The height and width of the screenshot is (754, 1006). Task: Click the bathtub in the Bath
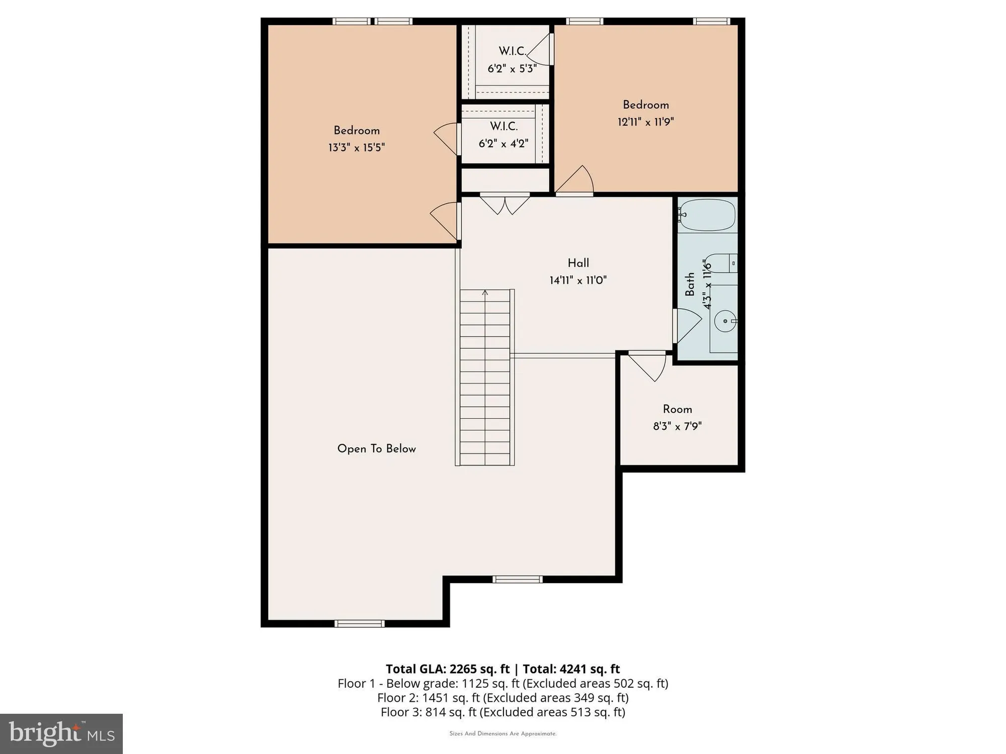click(x=707, y=215)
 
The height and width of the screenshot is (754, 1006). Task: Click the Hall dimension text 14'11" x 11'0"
click(x=578, y=280)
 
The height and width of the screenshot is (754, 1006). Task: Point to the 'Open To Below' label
click(x=376, y=448)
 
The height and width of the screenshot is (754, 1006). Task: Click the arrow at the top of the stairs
click(x=485, y=292)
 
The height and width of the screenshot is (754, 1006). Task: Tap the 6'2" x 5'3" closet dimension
click(x=512, y=68)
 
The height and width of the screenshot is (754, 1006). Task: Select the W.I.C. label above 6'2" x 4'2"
click(x=504, y=126)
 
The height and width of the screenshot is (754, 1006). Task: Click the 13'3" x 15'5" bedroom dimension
click(x=356, y=147)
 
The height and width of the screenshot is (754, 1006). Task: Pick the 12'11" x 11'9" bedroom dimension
click(x=645, y=122)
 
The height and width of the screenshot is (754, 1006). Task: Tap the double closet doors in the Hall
click(x=505, y=204)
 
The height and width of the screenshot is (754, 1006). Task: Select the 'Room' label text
click(x=677, y=409)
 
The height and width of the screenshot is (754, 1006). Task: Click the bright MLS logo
click(x=61, y=733)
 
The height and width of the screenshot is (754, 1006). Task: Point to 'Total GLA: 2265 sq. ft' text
click(x=448, y=669)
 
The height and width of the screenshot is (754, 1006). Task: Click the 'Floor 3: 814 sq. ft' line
click(x=502, y=712)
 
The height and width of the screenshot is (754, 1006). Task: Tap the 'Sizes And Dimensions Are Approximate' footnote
click(x=502, y=733)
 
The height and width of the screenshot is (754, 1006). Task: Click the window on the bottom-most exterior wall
click(x=360, y=624)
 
